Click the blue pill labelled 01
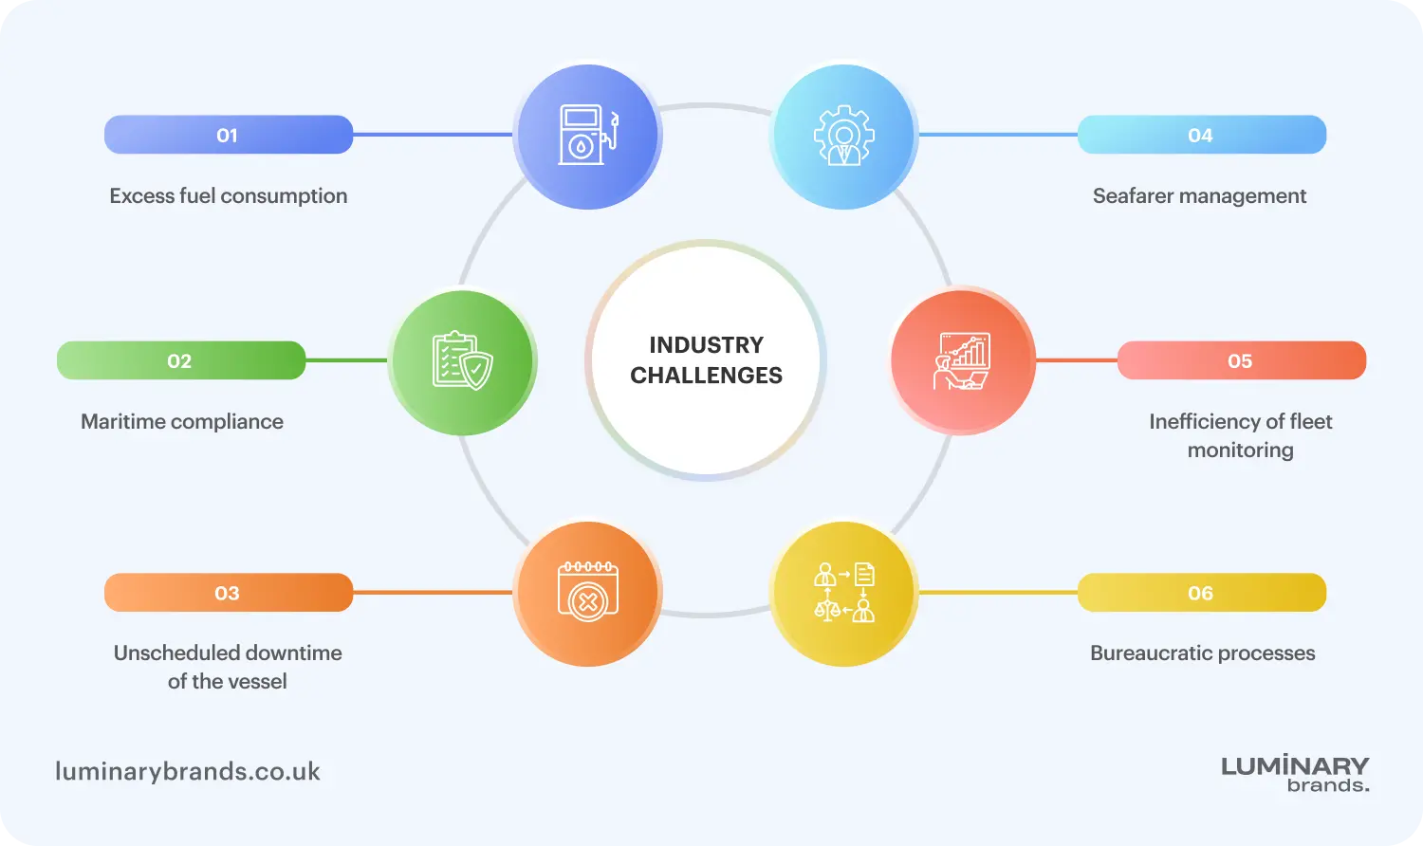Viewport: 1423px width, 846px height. pos(229,135)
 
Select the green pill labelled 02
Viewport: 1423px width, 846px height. pos(181,360)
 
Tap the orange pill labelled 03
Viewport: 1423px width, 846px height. pos(229,593)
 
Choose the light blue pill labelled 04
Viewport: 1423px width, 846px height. pos(1202,135)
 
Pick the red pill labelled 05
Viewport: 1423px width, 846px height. pos(1242,360)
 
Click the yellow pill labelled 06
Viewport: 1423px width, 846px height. pos(1202,593)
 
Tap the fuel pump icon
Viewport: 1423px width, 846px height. pos(588,135)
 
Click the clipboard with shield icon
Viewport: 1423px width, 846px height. pos(463,360)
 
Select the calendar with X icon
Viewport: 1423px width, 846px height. pos(587,591)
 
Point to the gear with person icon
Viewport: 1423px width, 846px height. pos(844,136)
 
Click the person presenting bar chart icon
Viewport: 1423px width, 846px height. pos(962,360)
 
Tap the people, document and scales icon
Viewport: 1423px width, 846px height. pos(844,593)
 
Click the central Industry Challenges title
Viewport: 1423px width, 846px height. pos(706,360)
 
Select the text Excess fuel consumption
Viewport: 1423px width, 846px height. pos(229,195)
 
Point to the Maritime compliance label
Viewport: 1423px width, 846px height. pos(182,422)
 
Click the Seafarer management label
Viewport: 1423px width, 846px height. pos(1199,195)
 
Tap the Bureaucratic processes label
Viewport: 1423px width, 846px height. pos(1203,653)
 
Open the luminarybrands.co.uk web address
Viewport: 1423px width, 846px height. pos(188,771)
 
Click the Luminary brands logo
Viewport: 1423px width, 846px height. pos(1295,773)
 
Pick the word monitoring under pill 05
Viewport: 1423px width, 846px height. pos(1241,451)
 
